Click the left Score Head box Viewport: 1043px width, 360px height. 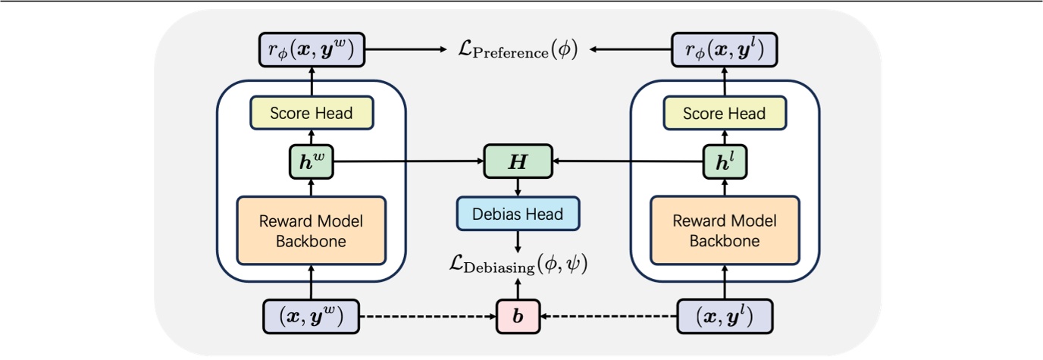pyautogui.click(x=312, y=114)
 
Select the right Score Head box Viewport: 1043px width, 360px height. pyautogui.click(x=724, y=114)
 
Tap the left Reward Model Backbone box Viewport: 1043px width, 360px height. pyautogui.click(x=312, y=231)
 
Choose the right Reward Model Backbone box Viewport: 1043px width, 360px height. pyautogui.click(x=724, y=231)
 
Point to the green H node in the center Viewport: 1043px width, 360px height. pyautogui.click(x=518, y=161)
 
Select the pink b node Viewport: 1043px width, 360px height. pyautogui.click(x=518, y=315)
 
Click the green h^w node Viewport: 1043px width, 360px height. pyautogui.click(x=312, y=161)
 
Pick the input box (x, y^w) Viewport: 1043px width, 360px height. pyautogui.click(x=312, y=315)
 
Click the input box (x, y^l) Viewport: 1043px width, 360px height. pyautogui.click(x=724, y=315)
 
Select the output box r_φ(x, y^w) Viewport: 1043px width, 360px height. pyautogui.click(x=312, y=51)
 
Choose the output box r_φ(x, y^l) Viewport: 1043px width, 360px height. pyautogui.click(x=724, y=51)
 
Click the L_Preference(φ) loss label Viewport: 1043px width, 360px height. pyautogui.click(x=518, y=51)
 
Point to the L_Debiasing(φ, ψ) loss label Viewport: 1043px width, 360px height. pyautogui.click(x=518, y=266)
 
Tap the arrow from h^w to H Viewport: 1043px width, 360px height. pyautogui.click(x=409, y=161)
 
